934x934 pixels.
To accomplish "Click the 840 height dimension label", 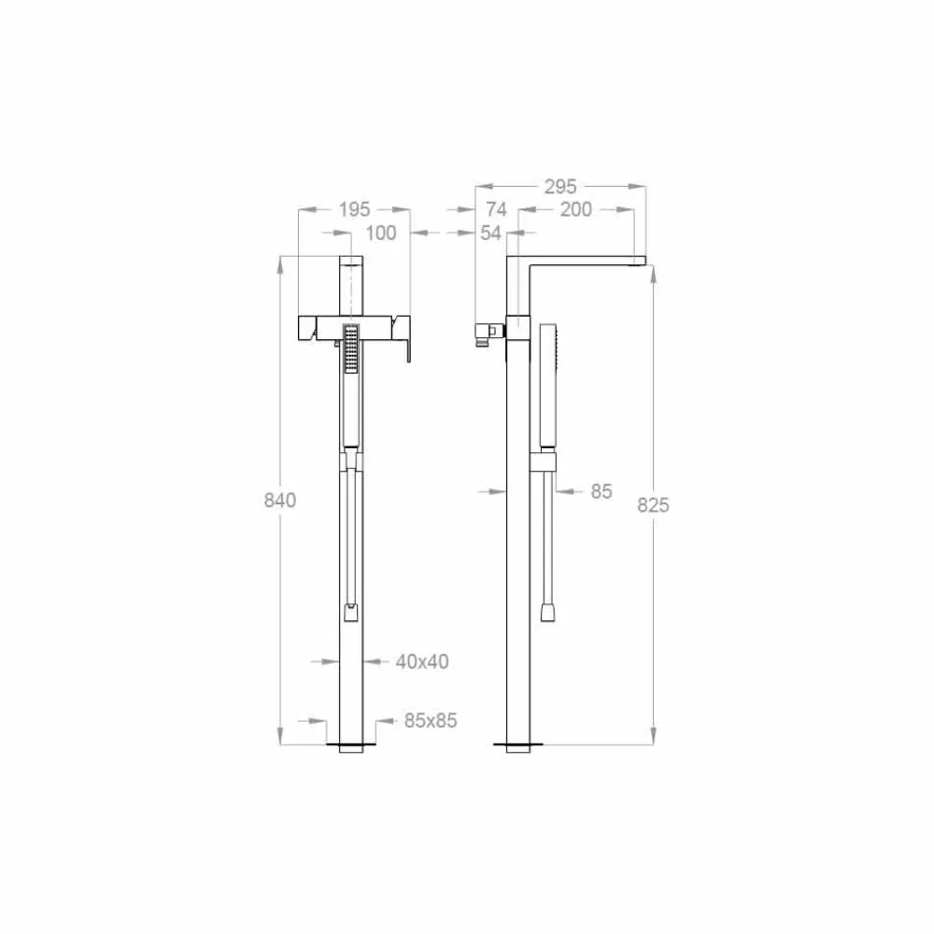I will pos(279,500).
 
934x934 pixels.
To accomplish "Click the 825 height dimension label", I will pos(654,505).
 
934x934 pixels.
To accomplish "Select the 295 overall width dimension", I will pos(560,187).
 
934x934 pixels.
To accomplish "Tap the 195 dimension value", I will pos(354,209).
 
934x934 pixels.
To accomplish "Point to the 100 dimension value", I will pos(380,233).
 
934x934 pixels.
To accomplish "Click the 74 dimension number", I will pos(496,209).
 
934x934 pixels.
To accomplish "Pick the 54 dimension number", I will pos(491,233).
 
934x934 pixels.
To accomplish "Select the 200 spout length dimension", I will pos(575,209).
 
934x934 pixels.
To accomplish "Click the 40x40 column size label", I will pos(422,661).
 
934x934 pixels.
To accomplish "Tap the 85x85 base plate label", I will pos(431,721).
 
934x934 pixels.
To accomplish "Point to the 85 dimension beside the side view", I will pos(601,490).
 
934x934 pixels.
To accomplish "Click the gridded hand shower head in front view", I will pos(351,348).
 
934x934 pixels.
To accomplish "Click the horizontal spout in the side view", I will pos(579,259).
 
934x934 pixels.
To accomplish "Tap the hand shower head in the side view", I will pos(548,350).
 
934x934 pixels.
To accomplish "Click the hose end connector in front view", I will pos(350,613).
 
